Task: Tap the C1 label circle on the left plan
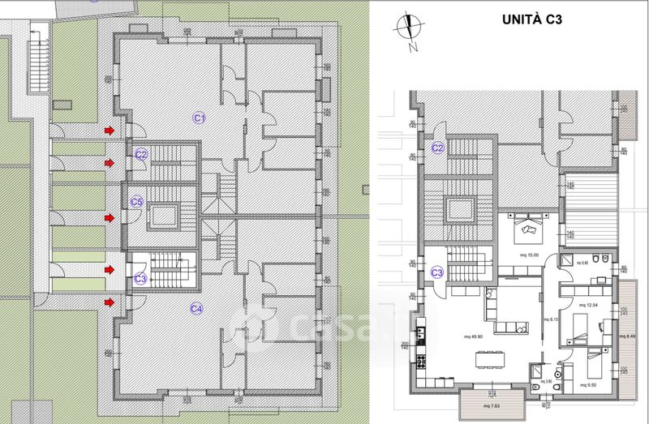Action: click(198, 118)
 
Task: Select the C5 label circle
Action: click(137, 202)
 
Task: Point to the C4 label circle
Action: click(196, 308)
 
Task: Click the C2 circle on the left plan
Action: click(140, 154)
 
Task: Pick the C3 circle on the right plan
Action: click(437, 272)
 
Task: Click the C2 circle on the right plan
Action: click(438, 148)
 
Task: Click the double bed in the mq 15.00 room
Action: click(529, 227)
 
